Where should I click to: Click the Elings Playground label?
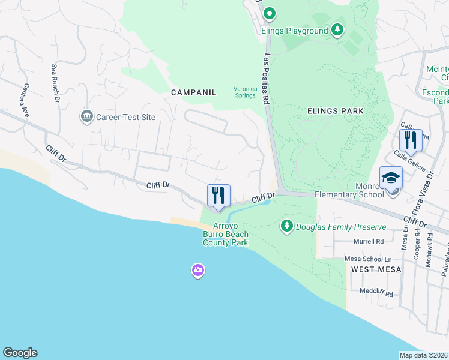pyautogui.click(x=294, y=31)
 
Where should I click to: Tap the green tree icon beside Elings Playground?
pyautogui.click(x=337, y=29)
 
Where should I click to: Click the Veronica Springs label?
pyautogui.click(x=245, y=92)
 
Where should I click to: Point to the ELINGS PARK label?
pyautogui.click(x=336, y=111)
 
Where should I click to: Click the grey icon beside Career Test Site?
pyautogui.click(x=87, y=116)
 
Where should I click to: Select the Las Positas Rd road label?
pyautogui.click(x=267, y=78)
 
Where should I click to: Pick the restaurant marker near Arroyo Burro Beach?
pyautogui.click(x=218, y=195)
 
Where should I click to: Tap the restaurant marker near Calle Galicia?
pyautogui.click(x=411, y=140)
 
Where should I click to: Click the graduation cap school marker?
pyautogui.click(x=391, y=178)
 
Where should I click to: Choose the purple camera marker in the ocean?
pyautogui.click(x=197, y=271)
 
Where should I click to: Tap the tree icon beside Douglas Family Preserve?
pyautogui.click(x=287, y=226)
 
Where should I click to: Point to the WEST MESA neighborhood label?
pyautogui.click(x=372, y=270)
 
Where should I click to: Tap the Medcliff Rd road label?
pyautogui.click(x=376, y=295)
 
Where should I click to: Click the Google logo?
pyautogui.click(x=20, y=353)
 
